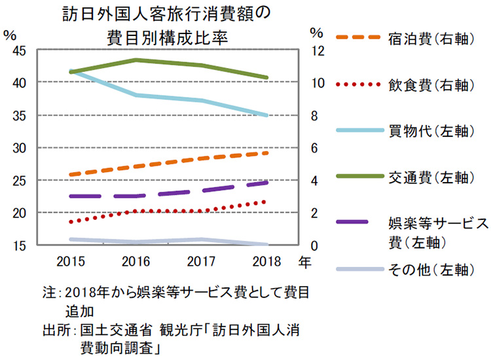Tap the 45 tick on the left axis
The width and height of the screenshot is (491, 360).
19,50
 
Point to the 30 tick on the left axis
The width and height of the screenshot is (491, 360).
19,148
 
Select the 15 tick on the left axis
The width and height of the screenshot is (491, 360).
19,245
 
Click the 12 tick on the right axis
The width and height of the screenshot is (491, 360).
318,50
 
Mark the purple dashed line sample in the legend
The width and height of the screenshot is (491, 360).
357,223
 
